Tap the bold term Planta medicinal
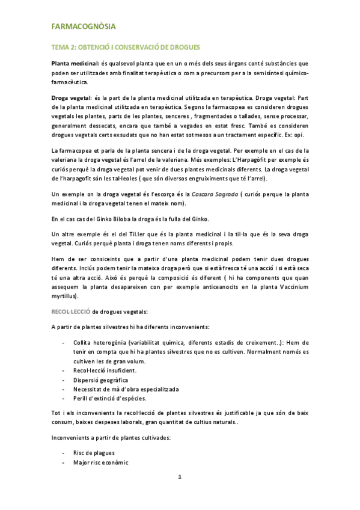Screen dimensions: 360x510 click(x=74, y=63)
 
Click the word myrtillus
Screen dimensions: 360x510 click(x=64, y=296)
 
